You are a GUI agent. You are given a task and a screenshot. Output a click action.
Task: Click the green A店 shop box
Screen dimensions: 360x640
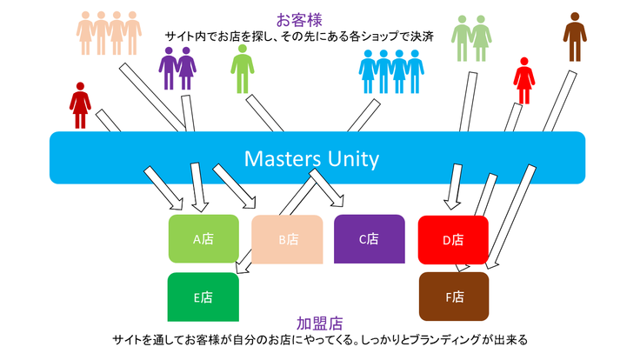203,238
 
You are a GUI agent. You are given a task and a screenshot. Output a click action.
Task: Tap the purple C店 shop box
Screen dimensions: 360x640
369,237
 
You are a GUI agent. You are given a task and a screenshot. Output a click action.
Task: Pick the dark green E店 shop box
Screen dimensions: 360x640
203,297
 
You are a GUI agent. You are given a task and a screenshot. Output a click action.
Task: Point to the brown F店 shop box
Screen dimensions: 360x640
453,297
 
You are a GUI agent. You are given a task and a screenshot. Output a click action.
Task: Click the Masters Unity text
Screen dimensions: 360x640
311,159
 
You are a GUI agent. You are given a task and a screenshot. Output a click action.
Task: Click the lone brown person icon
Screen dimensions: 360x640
574,37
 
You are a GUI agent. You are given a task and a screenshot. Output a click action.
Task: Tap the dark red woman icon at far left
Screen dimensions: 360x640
80,103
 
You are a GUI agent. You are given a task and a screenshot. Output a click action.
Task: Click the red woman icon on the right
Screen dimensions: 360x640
523,80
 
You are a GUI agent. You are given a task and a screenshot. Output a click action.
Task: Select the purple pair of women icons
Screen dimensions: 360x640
177,68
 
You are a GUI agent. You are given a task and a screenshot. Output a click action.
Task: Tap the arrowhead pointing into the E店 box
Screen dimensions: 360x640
233,276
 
